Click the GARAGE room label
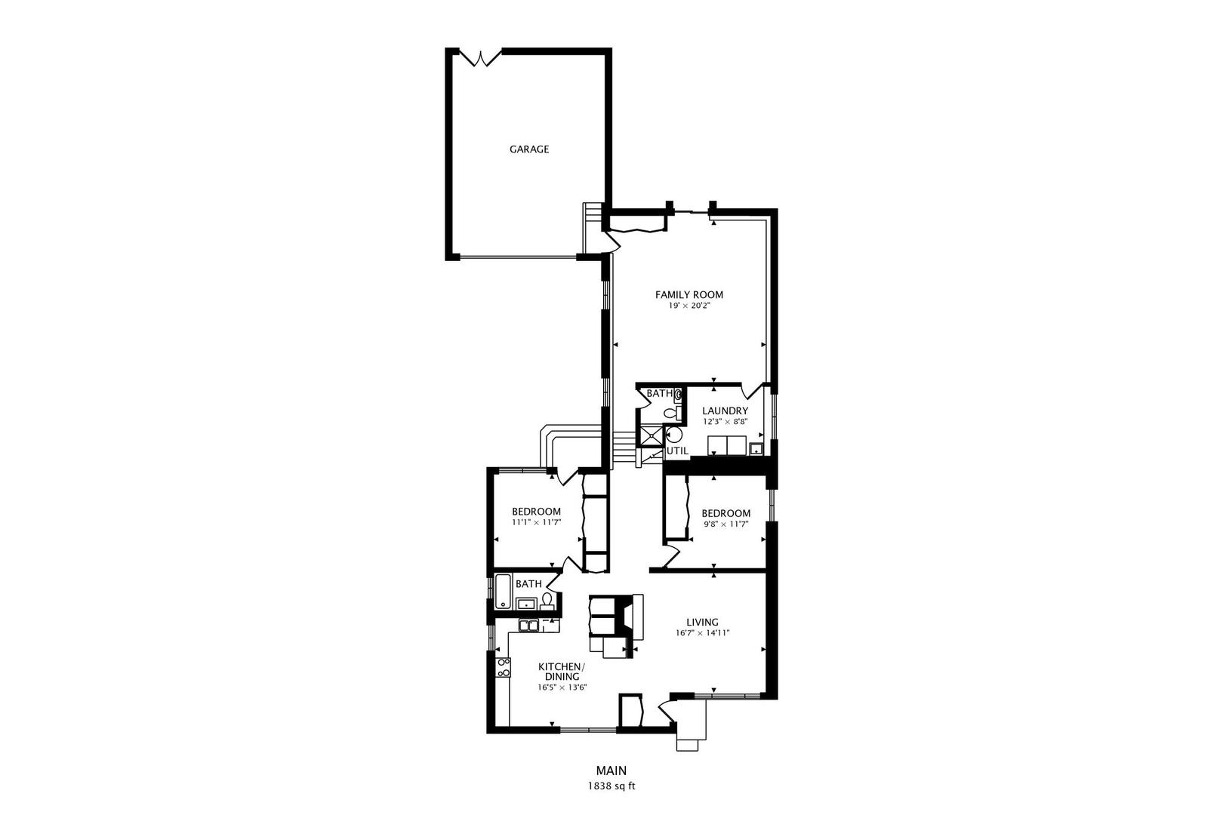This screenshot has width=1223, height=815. click(528, 149)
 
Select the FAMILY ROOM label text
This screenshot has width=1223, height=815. click(689, 295)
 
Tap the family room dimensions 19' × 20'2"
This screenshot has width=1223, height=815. click(689, 306)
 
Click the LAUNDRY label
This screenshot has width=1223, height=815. click(725, 411)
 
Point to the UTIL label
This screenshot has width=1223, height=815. click(677, 451)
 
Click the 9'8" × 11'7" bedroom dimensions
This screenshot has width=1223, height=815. click(725, 524)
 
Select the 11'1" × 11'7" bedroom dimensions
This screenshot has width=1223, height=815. click(536, 522)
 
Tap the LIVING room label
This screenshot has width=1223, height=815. click(702, 623)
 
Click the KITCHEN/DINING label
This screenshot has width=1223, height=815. click(561, 672)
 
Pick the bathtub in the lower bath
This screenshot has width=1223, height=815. click(502, 592)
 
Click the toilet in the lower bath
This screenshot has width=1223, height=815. click(547, 601)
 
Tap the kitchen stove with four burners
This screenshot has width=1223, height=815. click(503, 667)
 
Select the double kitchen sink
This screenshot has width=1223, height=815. click(528, 626)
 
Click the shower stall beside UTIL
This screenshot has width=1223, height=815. click(650, 435)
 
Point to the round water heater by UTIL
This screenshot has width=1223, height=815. click(674, 435)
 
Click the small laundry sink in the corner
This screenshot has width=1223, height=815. click(755, 450)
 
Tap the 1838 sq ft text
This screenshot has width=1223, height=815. click(611, 786)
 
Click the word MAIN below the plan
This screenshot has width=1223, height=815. click(611, 771)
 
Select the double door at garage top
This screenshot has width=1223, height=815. click(481, 57)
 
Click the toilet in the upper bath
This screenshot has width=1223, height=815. click(670, 412)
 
